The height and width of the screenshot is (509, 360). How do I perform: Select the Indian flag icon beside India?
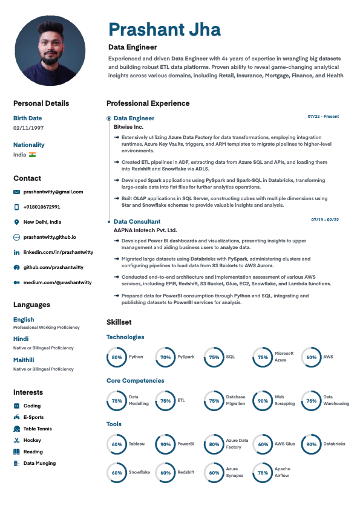click(33, 155)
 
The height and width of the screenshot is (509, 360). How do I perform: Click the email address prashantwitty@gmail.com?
click(53, 192)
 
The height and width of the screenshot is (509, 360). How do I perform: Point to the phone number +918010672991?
click(42, 207)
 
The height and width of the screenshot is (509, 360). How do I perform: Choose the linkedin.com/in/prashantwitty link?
click(58, 251)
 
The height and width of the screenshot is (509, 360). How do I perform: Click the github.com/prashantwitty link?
click(53, 267)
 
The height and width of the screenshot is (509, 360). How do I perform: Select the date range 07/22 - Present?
click(323, 116)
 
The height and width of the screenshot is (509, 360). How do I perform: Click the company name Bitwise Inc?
click(128, 128)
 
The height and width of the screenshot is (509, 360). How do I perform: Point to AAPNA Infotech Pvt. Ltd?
click(145, 230)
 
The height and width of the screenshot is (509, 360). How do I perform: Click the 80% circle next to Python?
click(117, 357)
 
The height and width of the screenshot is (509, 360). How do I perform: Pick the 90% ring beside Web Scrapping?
click(263, 400)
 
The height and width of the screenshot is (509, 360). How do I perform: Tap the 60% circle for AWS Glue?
click(263, 444)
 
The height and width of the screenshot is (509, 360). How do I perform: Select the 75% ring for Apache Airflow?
click(263, 473)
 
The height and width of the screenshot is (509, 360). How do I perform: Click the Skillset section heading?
click(119, 322)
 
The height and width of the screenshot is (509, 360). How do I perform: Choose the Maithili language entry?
click(24, 360)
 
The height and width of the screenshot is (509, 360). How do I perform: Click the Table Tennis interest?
click(38, 429)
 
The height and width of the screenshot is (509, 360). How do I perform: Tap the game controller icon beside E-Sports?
click(17, 417)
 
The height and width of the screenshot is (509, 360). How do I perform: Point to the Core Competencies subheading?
click(135, 381)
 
